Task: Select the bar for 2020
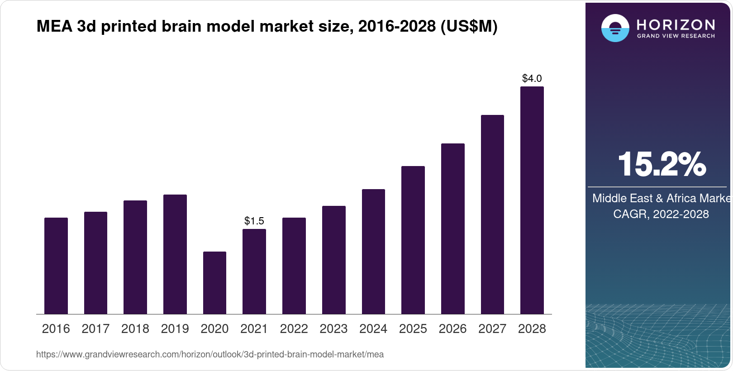pyautogui.click(x=214, y=283)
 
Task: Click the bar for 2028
pyautogui.click(x=532, y=200)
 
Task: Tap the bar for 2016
pyautogui.click(x=56, y=266)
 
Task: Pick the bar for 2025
pyautogui.click(x=413, y=240)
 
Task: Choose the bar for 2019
pyautogui.click(x=175, y=254)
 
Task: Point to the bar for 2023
pyautogui.click(x=333, y=260)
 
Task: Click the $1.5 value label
pyautogui.click(x=254, y=221)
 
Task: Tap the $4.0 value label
pyautogui.click(x=532, y=78)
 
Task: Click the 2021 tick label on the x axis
pyautogui.click(x=254, y=329)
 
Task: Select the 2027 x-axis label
pyautogui.click(x=492, y=329)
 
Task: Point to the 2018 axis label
pyautogui.click(x=135, y=329)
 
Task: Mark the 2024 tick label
pyautogui.click(x=373, y=329)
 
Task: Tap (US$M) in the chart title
pyautogui.click(x=469, y=27)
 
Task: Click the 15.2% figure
pyautogui.click(x=661, y=164)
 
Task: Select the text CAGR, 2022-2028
pyautogui.click(x=661, y=214)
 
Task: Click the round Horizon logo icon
pyautogui.click(x=615, y=28)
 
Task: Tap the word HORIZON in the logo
pyautogui.click(x=676, y=24)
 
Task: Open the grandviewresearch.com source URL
pyautogui.click(x=210, y=355)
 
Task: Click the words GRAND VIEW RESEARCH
pyautogui.click(x=676, y=36)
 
